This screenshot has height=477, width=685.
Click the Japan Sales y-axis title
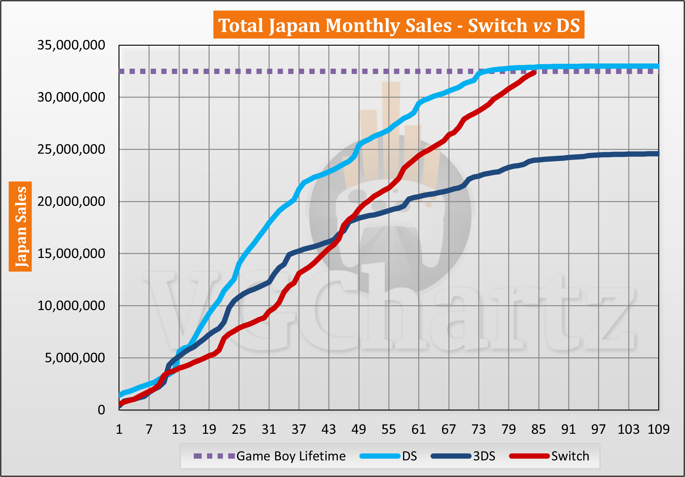coord(21,226)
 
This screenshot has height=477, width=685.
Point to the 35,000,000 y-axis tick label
coord(71,45)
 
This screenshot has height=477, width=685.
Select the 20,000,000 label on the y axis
coord(71,202)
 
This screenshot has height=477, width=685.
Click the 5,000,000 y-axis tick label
coord(75,358)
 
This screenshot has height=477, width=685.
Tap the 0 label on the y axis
coord(101,410)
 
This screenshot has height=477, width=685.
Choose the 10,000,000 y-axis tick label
coord(71,306)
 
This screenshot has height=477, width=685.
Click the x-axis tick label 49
coord(359,429)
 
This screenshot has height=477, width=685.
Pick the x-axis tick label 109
coord(658,429)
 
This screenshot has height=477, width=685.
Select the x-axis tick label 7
coord(149,429)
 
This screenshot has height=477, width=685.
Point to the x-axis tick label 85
coord(538,429)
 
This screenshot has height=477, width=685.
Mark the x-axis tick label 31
coord(269,429)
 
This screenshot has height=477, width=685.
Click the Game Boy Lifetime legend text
coord(291,456)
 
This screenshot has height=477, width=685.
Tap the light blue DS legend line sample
coord(380,456)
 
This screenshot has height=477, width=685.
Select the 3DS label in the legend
coord(484,456)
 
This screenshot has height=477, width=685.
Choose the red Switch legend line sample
coord(529,456)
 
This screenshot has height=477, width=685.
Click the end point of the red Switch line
coord(534,73)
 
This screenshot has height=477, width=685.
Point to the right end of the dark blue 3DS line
coord(658,154)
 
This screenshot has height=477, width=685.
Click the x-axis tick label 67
coord(449,429)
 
